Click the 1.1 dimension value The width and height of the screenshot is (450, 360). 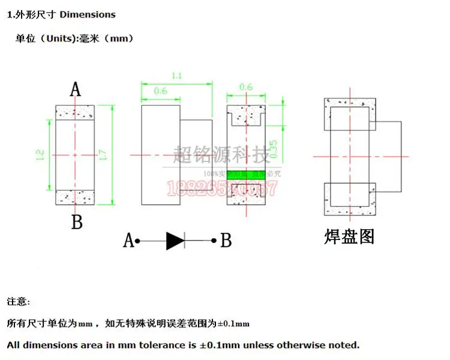pyautogui.click(x=176, y=76)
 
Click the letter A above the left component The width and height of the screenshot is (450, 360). pyautogui.click(x=76, y=90)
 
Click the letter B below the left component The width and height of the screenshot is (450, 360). pyautogui.click(x=77, y=223)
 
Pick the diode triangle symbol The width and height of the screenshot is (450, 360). pyautogui.click(x=175, y=241)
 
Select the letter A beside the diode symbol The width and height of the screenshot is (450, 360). pyautogui.click(x=128, y=241)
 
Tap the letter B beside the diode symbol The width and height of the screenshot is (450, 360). pyautogui.click(x=226, y=241)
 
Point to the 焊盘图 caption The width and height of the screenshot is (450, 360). pyautogui.click(x=349, y=236)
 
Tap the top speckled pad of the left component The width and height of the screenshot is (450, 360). pyautogui.click(x=75, y=112)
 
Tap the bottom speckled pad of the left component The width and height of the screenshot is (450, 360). pyautogui.click(x=75, y=197)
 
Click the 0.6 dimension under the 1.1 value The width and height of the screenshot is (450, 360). pyautogui.click(x=161, y=91)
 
